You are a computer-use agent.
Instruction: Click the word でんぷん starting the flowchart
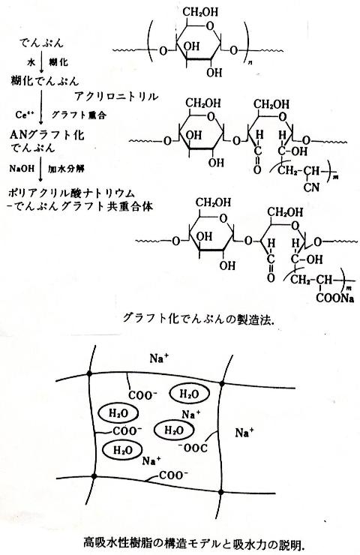click(41, 43)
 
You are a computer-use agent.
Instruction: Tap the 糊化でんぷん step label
click(45, 81)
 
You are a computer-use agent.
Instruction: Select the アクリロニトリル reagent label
click(116, 96)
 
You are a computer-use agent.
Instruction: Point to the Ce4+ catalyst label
click(25, 115)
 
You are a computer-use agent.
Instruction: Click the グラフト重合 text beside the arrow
click(79, 115)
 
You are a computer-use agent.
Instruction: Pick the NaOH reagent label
click(22, 168)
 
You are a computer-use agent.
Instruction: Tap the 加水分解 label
click(66, 168)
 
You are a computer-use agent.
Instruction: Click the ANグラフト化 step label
click(47, 135)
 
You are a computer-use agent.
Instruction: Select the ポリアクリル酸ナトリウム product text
click(72, 193)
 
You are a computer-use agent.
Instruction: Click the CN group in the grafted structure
click(311, 187)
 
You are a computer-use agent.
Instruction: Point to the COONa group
click(334, 298)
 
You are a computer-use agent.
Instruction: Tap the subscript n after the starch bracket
click(250, 63)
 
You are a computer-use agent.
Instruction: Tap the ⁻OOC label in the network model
click(193, 448)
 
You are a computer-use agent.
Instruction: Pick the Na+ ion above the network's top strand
click(159, 358)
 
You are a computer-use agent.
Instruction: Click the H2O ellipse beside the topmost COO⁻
click(190, 394)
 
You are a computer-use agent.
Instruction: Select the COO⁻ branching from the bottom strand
click(173, 475)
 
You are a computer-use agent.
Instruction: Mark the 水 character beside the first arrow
click(31, 63)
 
